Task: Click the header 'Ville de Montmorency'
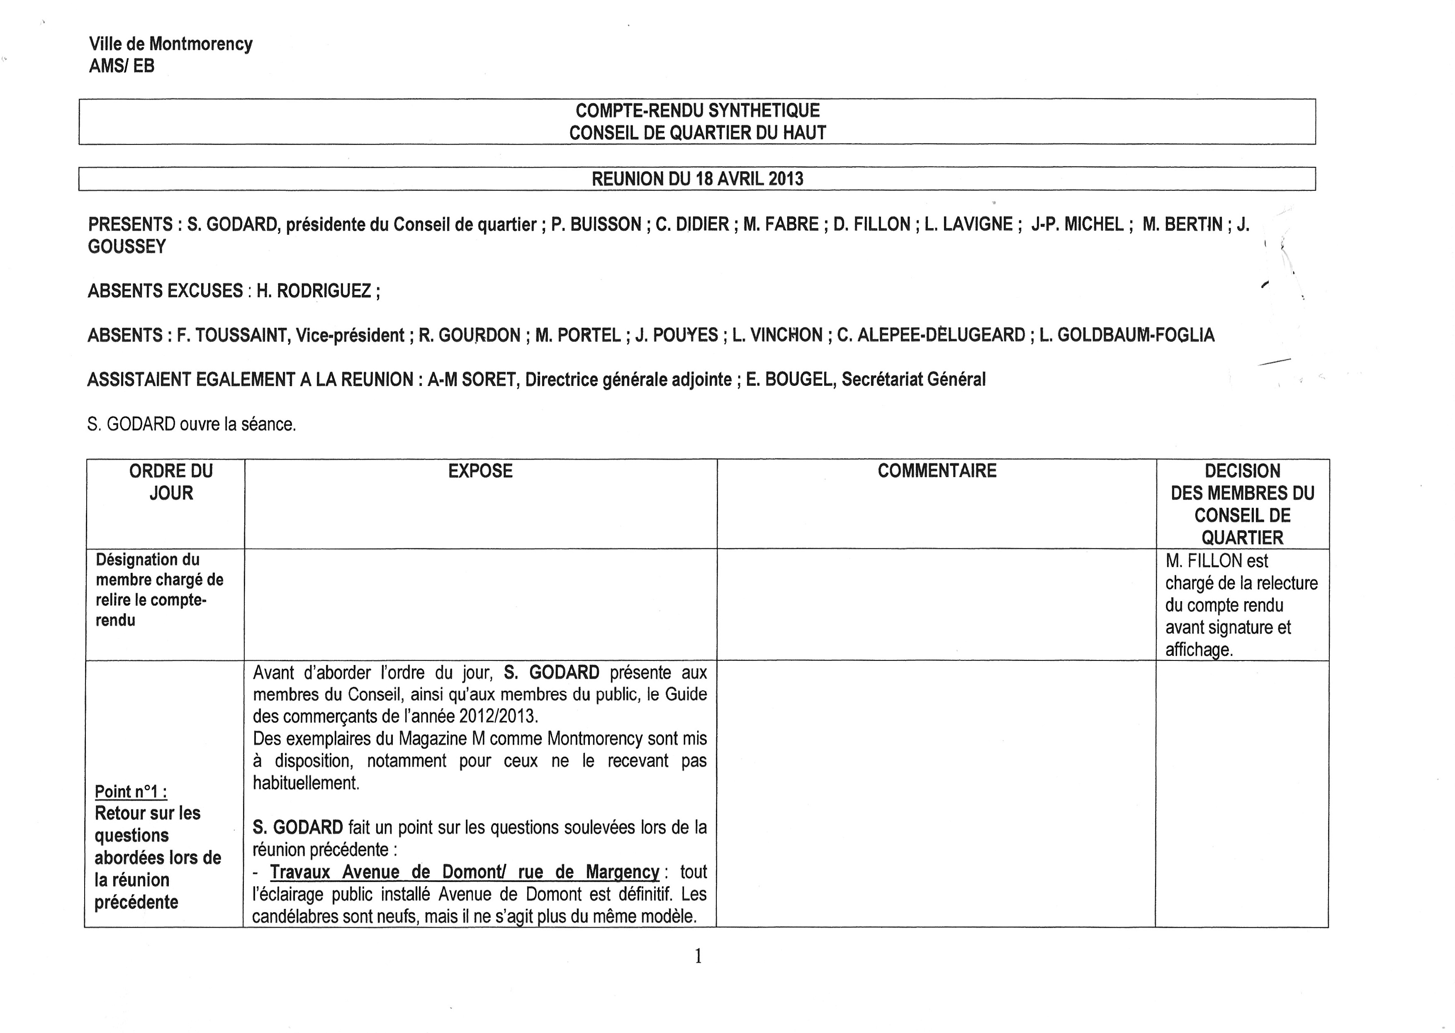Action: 170,44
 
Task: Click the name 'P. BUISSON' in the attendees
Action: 596,224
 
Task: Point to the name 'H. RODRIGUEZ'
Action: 314,291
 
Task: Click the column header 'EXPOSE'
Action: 480,471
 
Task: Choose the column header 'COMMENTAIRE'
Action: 937,471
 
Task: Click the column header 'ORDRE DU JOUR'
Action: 171,482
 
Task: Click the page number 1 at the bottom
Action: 698,956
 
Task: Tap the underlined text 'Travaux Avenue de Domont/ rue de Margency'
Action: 464,872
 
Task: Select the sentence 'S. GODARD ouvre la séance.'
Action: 191,424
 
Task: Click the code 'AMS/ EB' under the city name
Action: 122,66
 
